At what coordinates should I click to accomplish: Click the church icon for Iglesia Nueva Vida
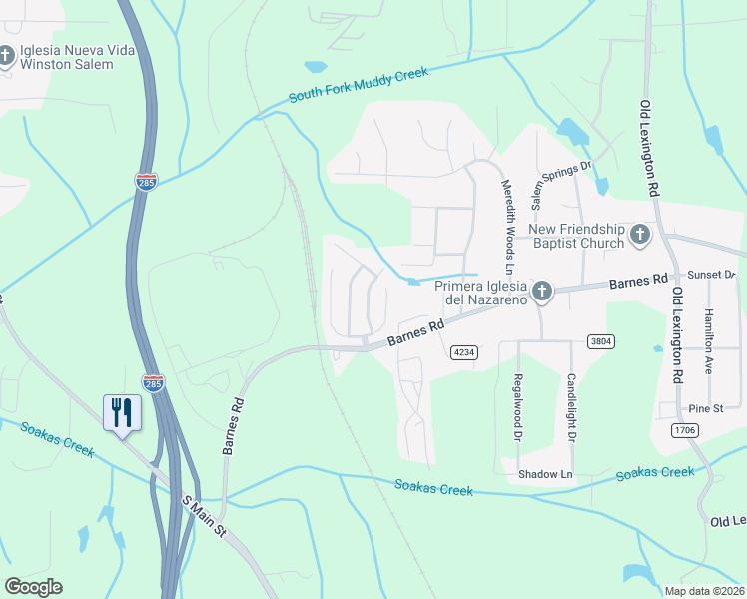[x=6, y=55]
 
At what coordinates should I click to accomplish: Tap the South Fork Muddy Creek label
[x=359, y=85]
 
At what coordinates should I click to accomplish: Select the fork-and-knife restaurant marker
[x=123, y=412]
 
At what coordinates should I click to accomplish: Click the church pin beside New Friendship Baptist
[x=640, y=236]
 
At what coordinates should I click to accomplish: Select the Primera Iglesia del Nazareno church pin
[x=541, y=292]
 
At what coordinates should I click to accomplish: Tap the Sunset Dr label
[x=713, y=274]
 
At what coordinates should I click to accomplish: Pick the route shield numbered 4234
[x=462, y=352]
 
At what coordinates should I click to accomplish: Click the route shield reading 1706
[x=683, y=430]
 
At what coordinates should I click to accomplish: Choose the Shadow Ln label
[x=545, y=474]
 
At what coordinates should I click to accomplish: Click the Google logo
[x=33, y=587]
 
